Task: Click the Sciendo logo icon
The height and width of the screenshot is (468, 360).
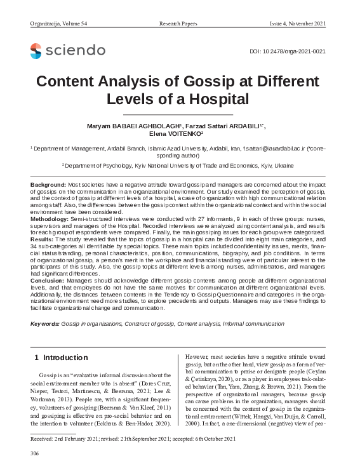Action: coord(36,50)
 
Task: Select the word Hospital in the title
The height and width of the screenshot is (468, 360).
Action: coord(217,100)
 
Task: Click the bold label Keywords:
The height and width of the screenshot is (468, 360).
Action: coord(45,324)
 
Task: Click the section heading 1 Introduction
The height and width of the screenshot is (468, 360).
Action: coord(61,358)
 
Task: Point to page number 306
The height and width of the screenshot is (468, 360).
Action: coord(35,454)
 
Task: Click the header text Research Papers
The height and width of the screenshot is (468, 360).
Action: coord(179,23)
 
